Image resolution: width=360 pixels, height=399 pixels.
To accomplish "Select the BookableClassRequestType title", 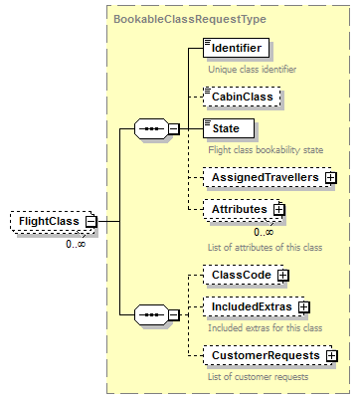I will click(x=180, y=19).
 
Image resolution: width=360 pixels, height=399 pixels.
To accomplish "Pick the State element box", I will click(x=228, y=127).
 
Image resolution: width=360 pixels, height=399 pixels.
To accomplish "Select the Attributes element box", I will click(x=237, y=210).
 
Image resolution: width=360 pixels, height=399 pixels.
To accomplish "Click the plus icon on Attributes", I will click(x=279, y=210).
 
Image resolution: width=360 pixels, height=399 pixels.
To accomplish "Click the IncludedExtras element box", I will click(x=249, y=307).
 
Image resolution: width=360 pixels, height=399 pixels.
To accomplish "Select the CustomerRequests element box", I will click(x=262, y=355).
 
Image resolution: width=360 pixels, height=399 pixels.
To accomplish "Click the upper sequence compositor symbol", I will click(x=151, y=128).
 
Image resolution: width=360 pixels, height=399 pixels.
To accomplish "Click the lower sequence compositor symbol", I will click(x=151, y=314).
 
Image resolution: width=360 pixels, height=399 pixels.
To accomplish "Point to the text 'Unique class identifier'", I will click(x=252, y=70).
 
